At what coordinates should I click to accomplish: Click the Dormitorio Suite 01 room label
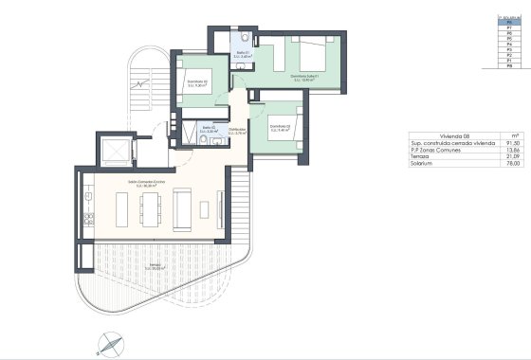[303, 79]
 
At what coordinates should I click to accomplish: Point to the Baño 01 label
[243, 55]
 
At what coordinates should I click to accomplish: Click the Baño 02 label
[211, 130]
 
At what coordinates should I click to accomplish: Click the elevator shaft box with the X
[116, 152]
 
